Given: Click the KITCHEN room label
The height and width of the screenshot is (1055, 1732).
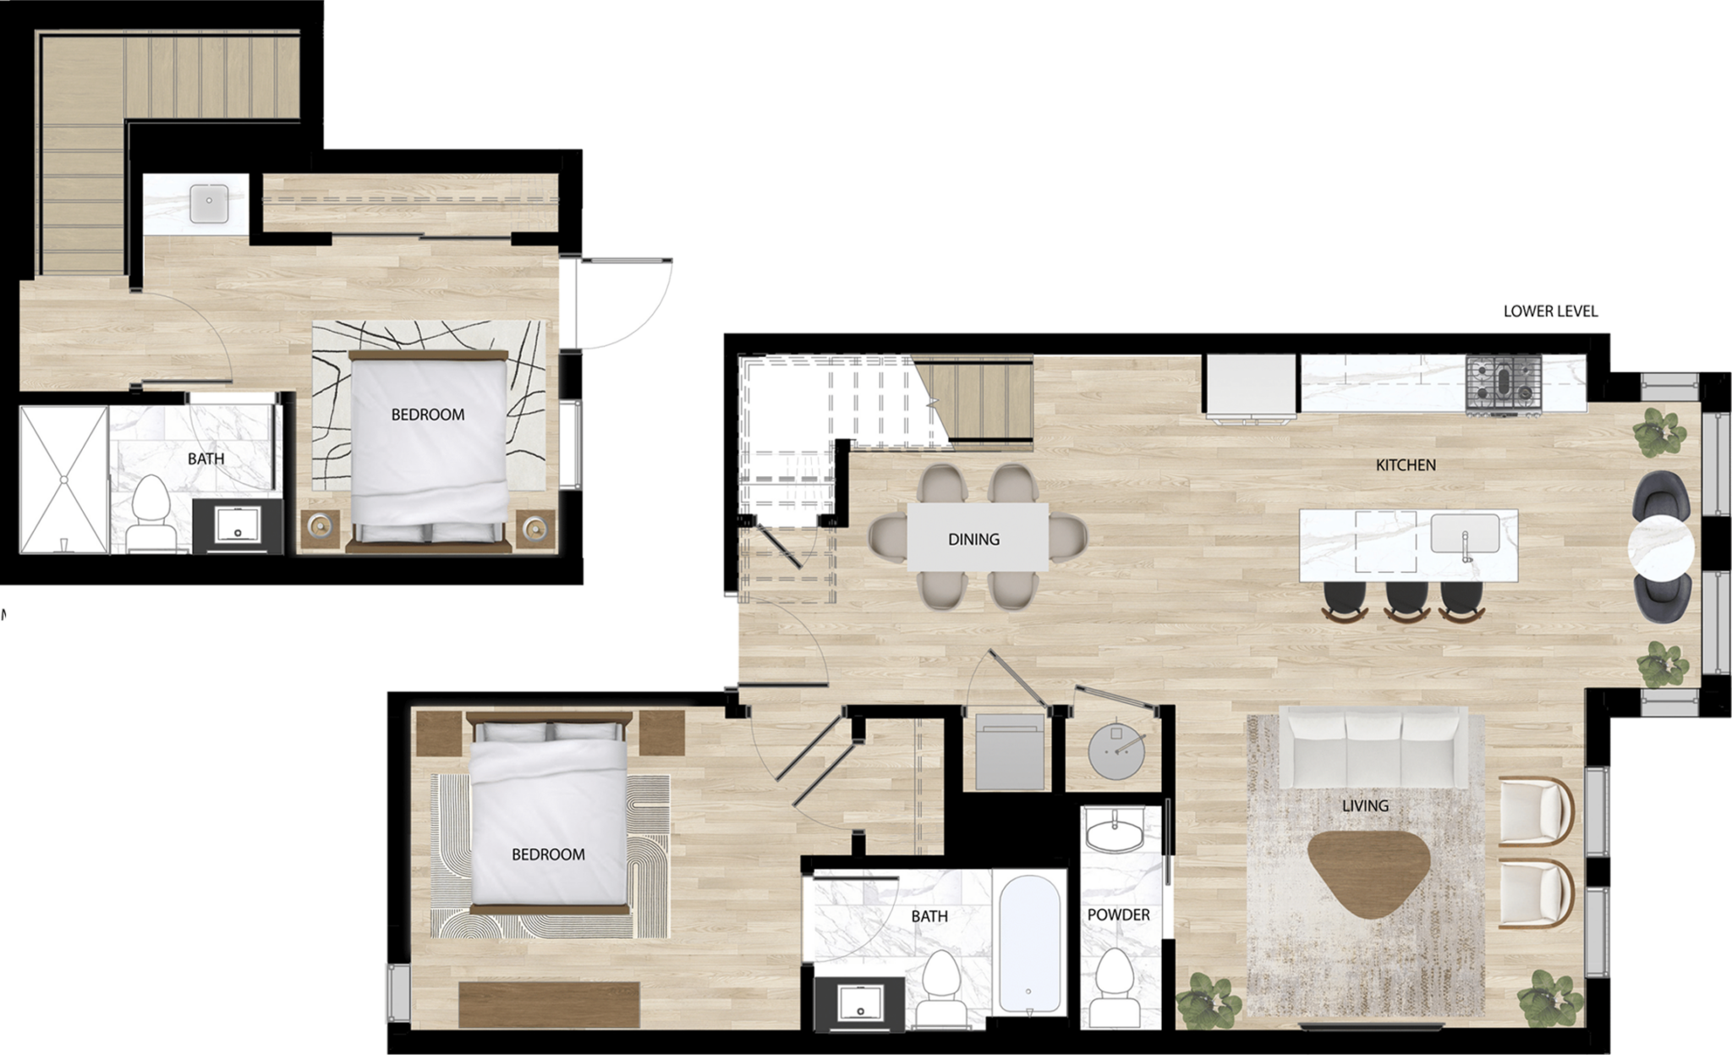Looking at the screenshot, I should click(1406, 464).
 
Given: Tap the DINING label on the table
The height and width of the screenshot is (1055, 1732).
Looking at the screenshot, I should click(973, 539).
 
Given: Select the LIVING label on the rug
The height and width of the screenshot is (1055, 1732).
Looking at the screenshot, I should click(1365, 805).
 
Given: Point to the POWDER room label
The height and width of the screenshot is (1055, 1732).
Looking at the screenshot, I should click(1118, 915).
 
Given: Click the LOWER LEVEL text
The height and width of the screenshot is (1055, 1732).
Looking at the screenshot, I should click(1550, 310).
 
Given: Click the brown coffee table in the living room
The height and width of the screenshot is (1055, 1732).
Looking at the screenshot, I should click(1368, 872).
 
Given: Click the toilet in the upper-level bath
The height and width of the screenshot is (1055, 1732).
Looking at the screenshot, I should click(150, 513).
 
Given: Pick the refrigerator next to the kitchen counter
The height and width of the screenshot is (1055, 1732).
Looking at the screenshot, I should click(1252, 386).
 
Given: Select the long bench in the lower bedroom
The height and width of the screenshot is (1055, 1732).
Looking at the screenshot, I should click(550, 1003).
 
